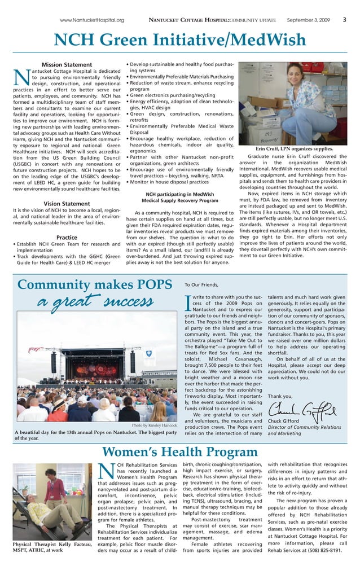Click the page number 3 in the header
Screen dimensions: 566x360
[344, 20]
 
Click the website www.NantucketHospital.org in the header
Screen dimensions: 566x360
[92, 20]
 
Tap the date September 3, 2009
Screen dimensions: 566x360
[308, 20]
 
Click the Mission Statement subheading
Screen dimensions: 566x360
[67, 65]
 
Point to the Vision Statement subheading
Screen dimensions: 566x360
[67, 204]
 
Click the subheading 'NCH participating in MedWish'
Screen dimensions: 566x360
[179, 194]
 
